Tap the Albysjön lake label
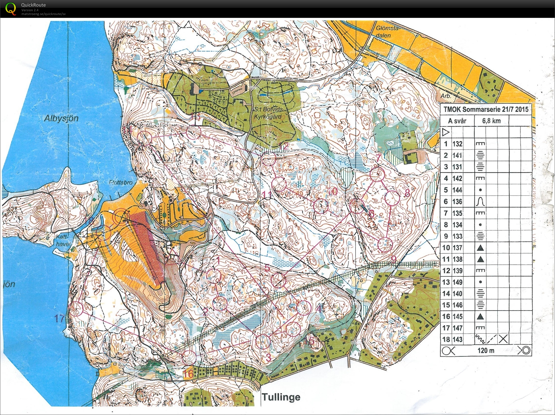(x=61, y=118)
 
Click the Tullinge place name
(x=281, y=397)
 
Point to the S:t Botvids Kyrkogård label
(x=268, y=113)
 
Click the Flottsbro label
(x=121, y=182)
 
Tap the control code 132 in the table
(x=457, y=144)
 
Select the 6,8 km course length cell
(x=491, y=121)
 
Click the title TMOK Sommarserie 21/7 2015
(x=486, y=110)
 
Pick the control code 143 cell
(x=457, y=339)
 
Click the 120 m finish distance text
(x=486, y=351)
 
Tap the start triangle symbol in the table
(x=446, y=132)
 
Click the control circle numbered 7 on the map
(x=378, y=175)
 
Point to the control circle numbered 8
(x=392, y=198)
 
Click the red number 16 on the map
(x=188, y=374)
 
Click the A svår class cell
(x=457, y=121)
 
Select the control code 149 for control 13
(x=457, y=282)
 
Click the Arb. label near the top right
(x=446, y=96)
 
